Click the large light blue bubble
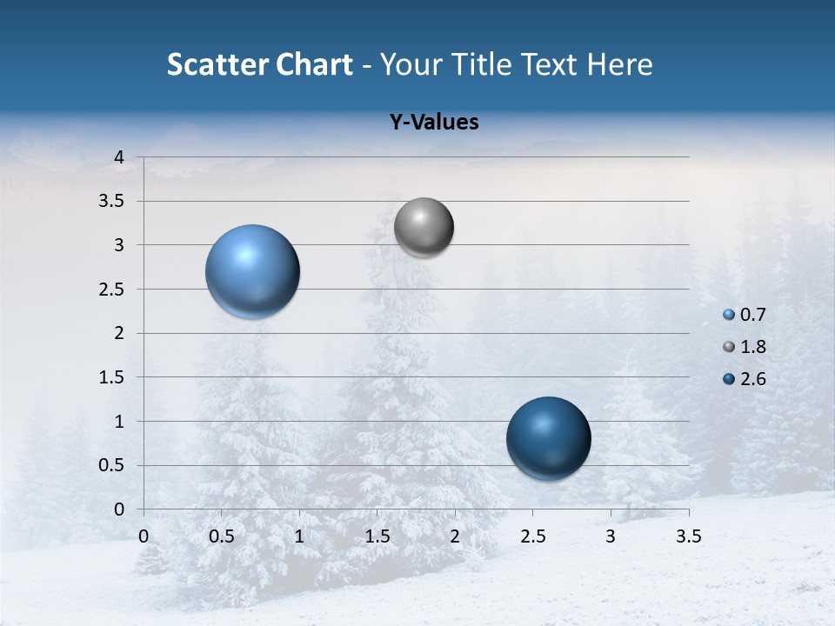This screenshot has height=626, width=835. tap(253, 271)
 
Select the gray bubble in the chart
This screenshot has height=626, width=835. tap(424, 228)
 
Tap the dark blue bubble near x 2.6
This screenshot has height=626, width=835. tap(548, 438)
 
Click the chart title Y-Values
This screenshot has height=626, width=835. tap(434, 123)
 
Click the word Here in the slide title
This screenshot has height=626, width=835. tap(619, 64)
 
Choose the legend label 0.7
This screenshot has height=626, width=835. tap(752, 315)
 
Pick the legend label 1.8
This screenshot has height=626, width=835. tap(752, 347)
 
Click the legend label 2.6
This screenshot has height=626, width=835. tap(752, 379)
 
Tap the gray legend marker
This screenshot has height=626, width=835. tap(729, 347)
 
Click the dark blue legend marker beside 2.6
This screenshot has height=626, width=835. tap(729, 379)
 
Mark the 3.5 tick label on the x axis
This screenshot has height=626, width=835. tap(688, 536)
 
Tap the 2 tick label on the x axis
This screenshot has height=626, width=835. tap(455, 536)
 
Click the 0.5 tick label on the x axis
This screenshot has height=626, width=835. tap(221, 536)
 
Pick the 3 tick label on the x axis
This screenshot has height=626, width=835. tap(611, 536)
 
